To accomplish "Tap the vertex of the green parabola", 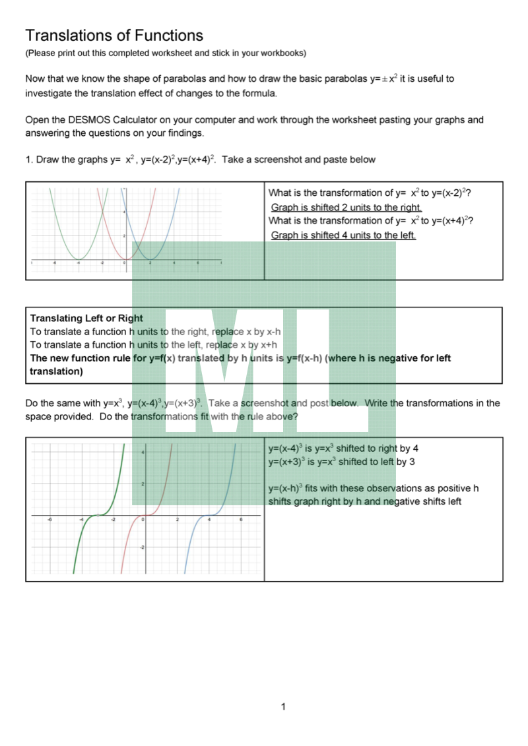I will click(78, 259).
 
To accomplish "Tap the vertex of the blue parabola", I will click(150, 259).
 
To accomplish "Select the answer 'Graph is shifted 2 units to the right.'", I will click(346, 207).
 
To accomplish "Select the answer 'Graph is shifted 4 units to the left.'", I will click(343, 235).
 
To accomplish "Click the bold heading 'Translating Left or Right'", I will click(86, 318).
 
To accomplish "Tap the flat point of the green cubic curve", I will click(97, 515).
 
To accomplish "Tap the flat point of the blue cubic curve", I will click(209, 515).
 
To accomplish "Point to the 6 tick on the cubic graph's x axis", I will click(241, 520).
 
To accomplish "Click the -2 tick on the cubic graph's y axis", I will click(141, 547).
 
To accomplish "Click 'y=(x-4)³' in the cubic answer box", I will click(285, 449).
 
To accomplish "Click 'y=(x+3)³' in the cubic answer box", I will click(285, 462).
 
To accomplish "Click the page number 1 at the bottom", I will click(283, 707).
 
